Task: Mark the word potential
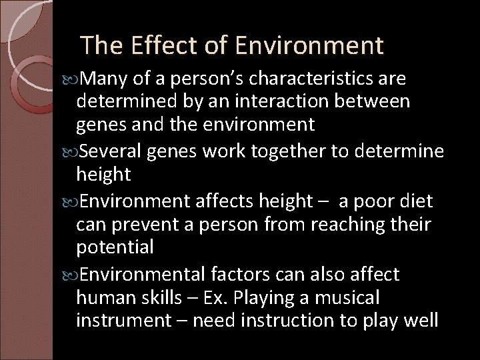(115, 247)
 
